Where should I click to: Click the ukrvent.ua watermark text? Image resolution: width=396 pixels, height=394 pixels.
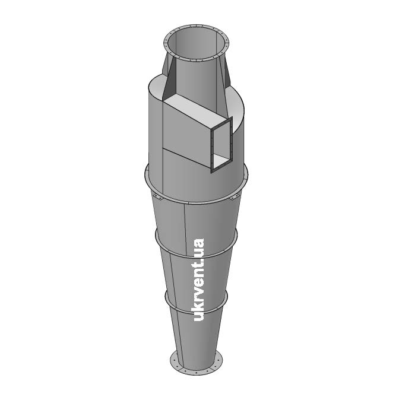198,279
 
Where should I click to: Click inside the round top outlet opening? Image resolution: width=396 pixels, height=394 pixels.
196,43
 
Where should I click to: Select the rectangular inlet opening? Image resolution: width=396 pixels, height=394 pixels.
221,145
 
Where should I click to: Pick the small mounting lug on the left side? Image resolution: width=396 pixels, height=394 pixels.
157,196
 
